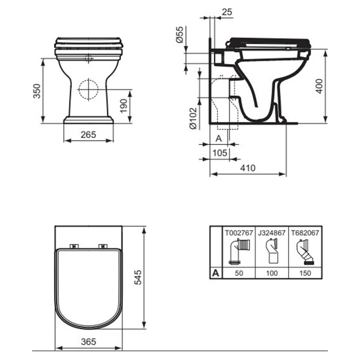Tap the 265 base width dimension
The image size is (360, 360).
(x=88, y=135)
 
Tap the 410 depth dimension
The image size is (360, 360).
(x=247, y=168)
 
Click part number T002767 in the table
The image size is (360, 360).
(x=238, y=232)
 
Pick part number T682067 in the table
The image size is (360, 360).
(x=305, y=232)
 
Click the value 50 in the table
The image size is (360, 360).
(x=238, y=274)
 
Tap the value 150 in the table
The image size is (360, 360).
(x=305, y=274)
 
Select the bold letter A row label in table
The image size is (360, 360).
(x=215, y=274)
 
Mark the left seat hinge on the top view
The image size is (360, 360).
(x=73, y=246)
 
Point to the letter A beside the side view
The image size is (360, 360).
(x=218, y=138)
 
